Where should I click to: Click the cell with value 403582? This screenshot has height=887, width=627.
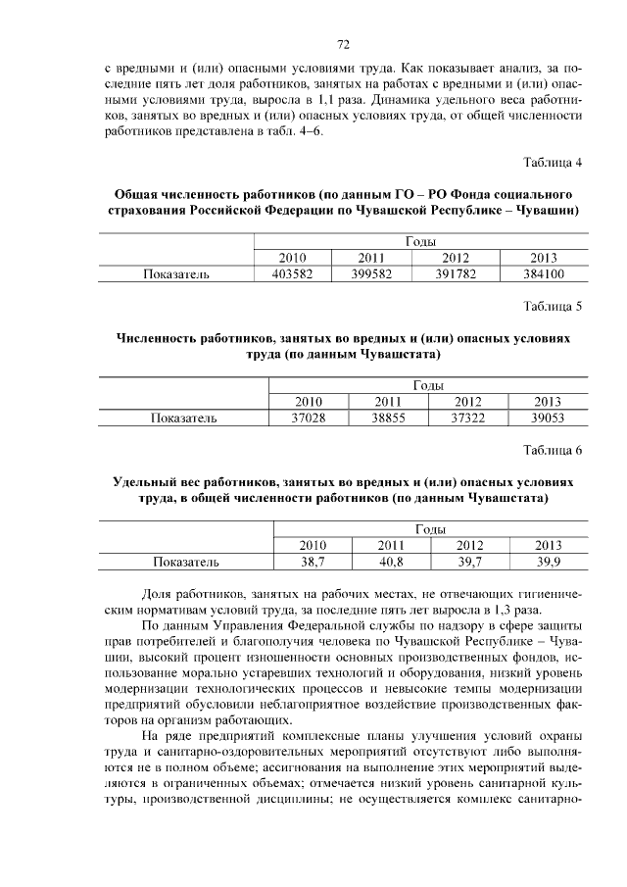tap(292, 274)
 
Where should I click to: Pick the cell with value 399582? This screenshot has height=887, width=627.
tap(370, 274)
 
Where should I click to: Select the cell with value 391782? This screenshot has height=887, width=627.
tap(455, 274)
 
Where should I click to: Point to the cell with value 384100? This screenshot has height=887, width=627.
tap(543, 274)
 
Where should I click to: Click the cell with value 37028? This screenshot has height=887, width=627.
tap(309, 419)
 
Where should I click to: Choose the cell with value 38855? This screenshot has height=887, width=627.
tap(390, 419)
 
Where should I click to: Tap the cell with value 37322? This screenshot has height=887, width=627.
tap(468, 419)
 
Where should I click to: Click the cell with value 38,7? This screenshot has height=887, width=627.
tap(313, 563)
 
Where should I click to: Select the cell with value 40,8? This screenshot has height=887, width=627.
tap(391, 563)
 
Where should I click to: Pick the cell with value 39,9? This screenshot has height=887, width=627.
tap(548, 563)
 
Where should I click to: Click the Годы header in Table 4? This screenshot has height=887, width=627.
tap(419, 242)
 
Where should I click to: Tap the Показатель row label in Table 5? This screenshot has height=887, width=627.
tap(183, 419)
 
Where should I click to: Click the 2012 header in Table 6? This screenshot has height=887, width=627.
tap(469, 546)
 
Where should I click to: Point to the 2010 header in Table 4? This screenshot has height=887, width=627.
tap(292, 258)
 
